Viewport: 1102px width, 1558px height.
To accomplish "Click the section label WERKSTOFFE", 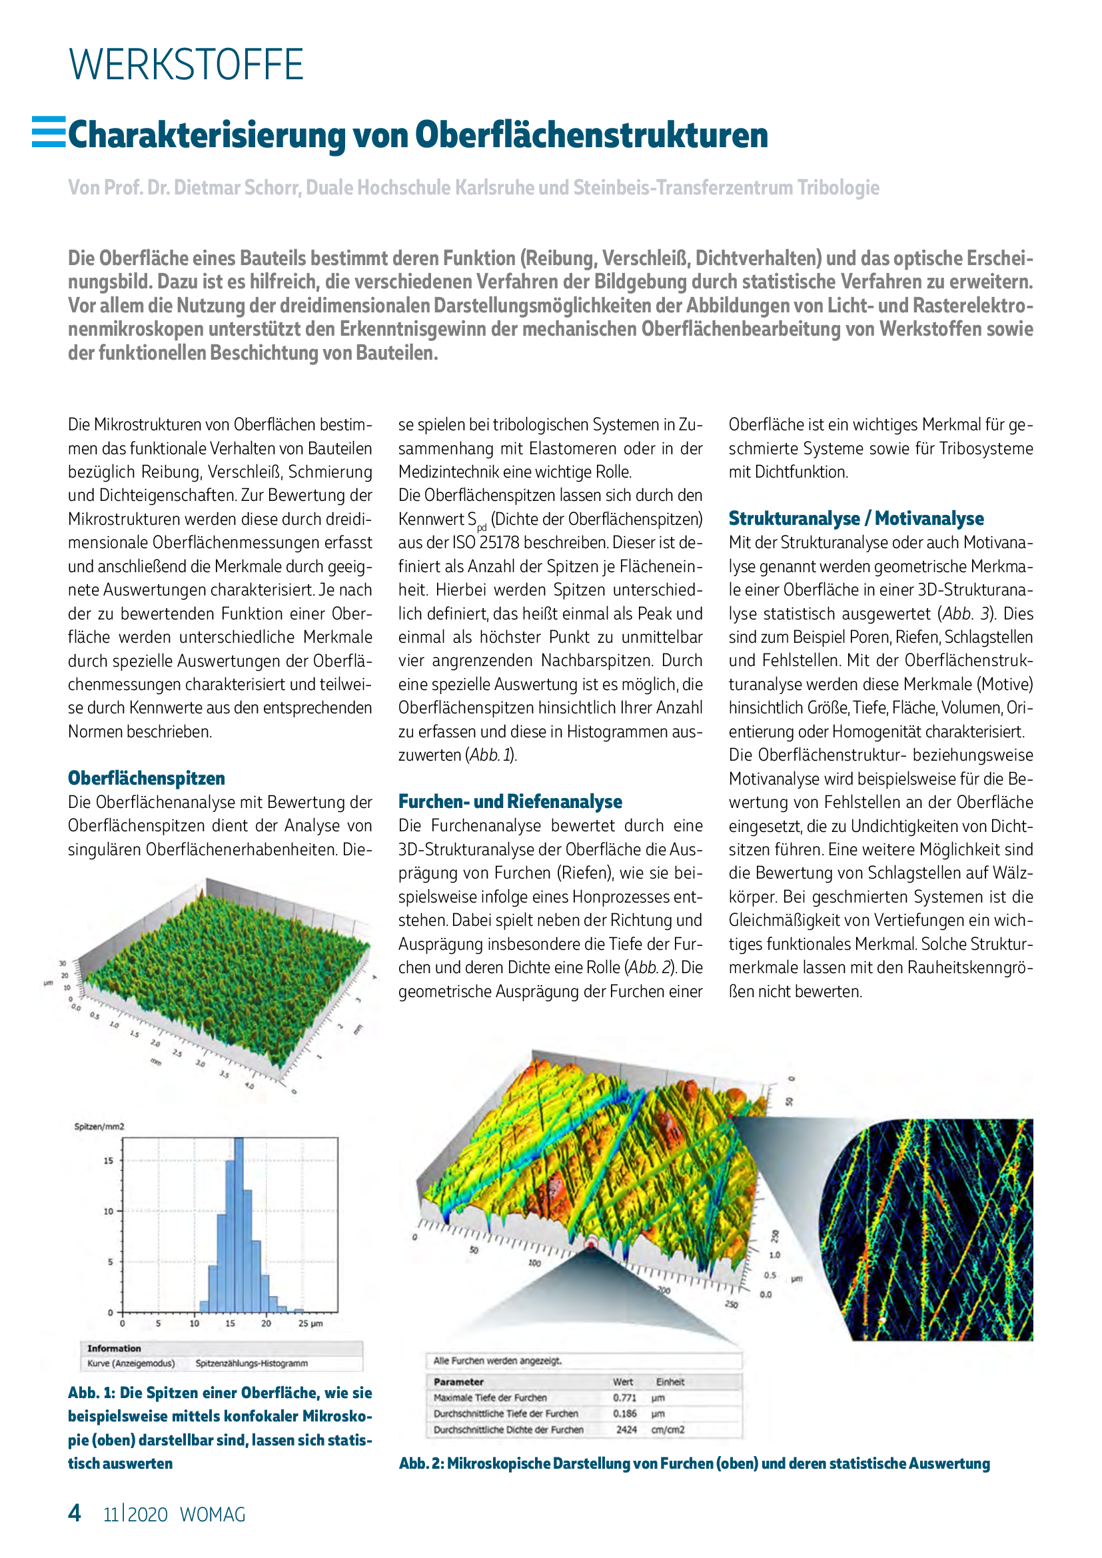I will coord(186,65).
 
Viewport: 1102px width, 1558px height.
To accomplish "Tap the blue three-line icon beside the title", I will coord(49,132).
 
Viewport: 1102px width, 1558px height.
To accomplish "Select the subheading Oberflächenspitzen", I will coord(146,778).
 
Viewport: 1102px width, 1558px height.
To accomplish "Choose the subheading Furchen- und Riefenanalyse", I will coord(510,801).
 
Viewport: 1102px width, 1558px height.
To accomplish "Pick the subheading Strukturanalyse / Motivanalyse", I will coord(855,518).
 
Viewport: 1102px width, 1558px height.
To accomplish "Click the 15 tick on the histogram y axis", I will coord(109,1160).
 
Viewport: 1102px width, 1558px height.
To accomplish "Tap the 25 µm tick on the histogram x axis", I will coord(310,1324).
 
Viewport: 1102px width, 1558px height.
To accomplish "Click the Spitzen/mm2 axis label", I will coord(99,1126).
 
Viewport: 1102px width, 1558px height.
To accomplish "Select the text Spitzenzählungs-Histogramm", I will coord(251,1363).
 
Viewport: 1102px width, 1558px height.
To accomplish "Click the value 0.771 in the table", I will coord(624,1398).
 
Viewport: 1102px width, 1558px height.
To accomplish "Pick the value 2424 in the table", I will coord(626,1429).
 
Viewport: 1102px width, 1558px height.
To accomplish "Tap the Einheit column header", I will coord(670,1381).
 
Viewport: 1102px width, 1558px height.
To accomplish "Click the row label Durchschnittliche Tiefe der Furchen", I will coord(506,1413).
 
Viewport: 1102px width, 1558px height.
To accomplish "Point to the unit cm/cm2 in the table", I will coord(668,1429).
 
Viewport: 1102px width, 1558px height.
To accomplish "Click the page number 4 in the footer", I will coord(75,1513).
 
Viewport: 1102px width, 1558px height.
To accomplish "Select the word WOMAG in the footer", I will coord(213,1515).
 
